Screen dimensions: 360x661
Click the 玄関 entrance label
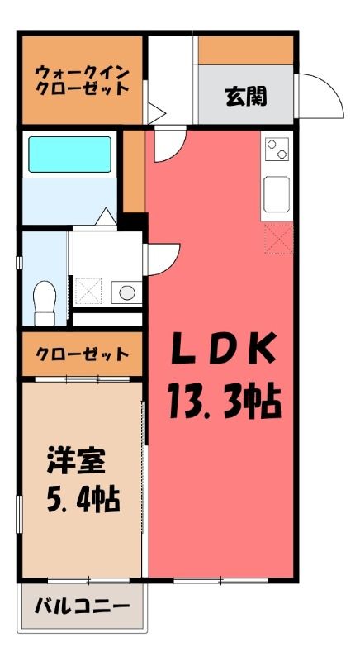[246, 97]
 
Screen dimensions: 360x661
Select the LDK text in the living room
[224, 349]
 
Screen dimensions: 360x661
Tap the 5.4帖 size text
[83, 500]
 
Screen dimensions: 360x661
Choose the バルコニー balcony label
[82, 606]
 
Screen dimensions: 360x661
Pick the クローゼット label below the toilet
[82, 354]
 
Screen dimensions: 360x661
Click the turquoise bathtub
[70, 155]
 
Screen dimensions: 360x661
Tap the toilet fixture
[45, 302]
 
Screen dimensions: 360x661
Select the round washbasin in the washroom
[126, 292]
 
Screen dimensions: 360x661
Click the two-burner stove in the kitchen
[277, 150]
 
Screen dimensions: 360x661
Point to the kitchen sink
[277, 194]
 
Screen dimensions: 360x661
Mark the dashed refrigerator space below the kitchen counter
[278, 239]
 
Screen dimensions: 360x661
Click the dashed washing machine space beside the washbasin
[88, 291]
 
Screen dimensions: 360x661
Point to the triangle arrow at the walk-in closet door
[156, 112]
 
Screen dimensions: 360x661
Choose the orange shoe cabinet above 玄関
[245, 50]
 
